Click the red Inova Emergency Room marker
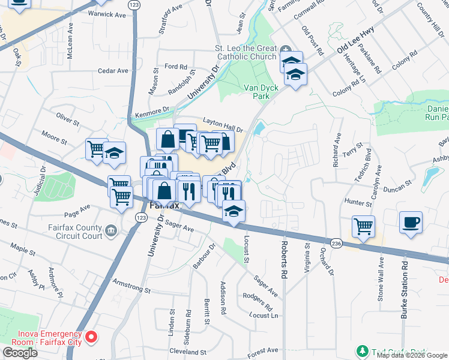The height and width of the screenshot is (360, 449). pos(91,338)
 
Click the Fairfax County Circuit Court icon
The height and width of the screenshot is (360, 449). pos(110,231)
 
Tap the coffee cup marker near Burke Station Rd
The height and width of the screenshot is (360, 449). pos(411,223)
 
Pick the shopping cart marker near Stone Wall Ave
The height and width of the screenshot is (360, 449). pos(363,226)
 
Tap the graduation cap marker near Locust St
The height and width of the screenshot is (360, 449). pos(234,211)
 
